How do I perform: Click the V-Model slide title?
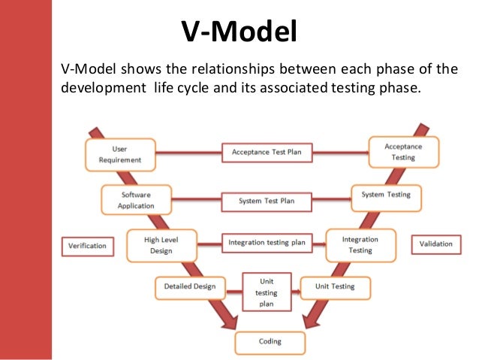click(x=239, y=32)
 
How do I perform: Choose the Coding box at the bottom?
click(x=270, y=342)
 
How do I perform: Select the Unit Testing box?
click(x=334, y=286)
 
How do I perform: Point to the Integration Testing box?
click(x=360, y=245)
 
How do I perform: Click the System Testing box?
click(x=386, y=195)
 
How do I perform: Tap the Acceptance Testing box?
click(x=403, y=152)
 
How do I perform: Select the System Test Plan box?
click(x=266, y=201)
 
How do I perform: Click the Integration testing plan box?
click(x=267, y=243)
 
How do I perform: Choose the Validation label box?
click(x=436, y=244)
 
